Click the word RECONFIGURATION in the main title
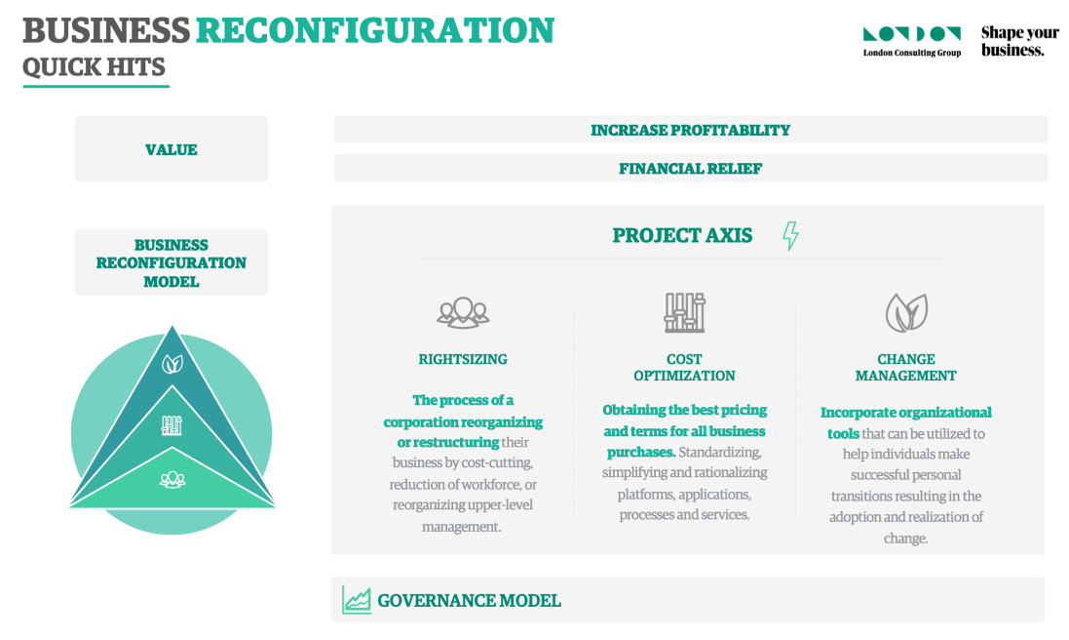pyautogui.click(x=375, y=30)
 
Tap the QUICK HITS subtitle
pyautogui.click(x=95, y=67)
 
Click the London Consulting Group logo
pyautogui.click(x=912, y=42)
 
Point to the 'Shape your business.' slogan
pyautogui.click(x=1020, y=41)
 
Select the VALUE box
pyautogui.click(x=172, y=148)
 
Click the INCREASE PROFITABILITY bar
pyautogui.click(x=690, y=130)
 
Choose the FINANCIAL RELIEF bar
pyautogui.click(x=690, y=168)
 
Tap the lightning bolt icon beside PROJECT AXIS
pyautogui.click(x=791, y=235)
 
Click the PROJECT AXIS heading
pyautogui.click(x=682, y=235)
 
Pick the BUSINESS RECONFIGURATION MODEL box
pyautogui.click(x=172, y=262)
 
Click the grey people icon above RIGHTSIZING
pyautogui.click(x=463, y=313)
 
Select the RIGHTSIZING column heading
pyautogui.click(x=463, y=359)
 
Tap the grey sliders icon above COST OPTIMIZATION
pyautogui.click(x=684, y=312)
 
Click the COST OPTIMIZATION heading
pyautogui.click(x=684, y=367)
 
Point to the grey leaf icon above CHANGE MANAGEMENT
pyautogui.click(x=906, y=312)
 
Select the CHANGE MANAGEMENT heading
pyautogui.click(x=906, y=367)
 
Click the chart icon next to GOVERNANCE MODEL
pyautogui.click(x=357, y=600)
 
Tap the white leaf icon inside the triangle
pyautogui.click(x=172, y=364)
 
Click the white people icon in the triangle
pyautogui.click(x=172, y=479)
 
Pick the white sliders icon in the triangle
pyautogui.click(x=172, y=425)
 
